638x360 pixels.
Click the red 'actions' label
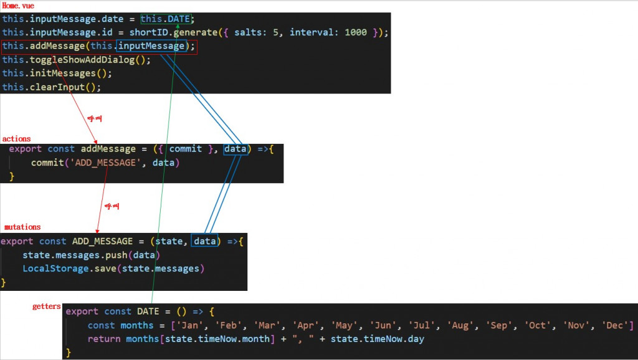click(x=16, y=139)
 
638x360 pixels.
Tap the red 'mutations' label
click(x=22, y=227)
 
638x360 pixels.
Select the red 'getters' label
click(x=47, y=306)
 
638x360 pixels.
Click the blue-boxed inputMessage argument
click(x=151, y=46)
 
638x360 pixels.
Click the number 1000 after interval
click(x=355, y=32)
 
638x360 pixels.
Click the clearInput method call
click(x=57, y=87)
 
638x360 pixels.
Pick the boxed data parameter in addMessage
click(x=236, y=149)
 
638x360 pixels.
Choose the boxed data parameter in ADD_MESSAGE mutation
click(x=205, y=241)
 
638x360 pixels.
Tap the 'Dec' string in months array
click(x=617, y=325)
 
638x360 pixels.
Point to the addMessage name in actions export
click(x=108, y=149)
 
